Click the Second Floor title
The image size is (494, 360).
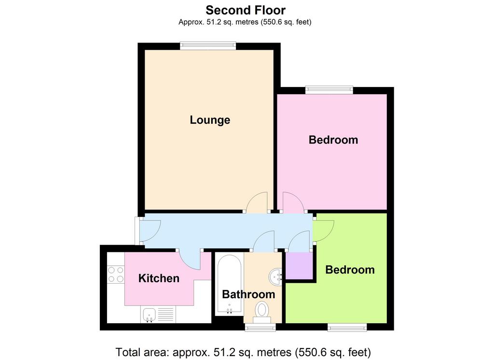point(246,10)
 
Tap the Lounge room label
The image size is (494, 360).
point(210,120)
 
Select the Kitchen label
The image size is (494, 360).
point(159,278)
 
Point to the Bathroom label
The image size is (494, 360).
point(248,294)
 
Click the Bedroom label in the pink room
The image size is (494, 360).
point(333,140)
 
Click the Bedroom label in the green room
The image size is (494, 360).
point(350,270)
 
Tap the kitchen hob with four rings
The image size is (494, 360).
point(116,274)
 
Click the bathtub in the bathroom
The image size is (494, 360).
point(230,285)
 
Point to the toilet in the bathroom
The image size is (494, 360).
point(262,312)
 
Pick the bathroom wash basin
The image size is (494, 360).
point(276,277)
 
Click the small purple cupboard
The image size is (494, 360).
point(299,265)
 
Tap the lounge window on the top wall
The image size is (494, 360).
point(208,46)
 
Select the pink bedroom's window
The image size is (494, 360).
point(329,90)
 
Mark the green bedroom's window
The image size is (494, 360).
point(347,327)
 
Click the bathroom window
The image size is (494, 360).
point(261,327)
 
